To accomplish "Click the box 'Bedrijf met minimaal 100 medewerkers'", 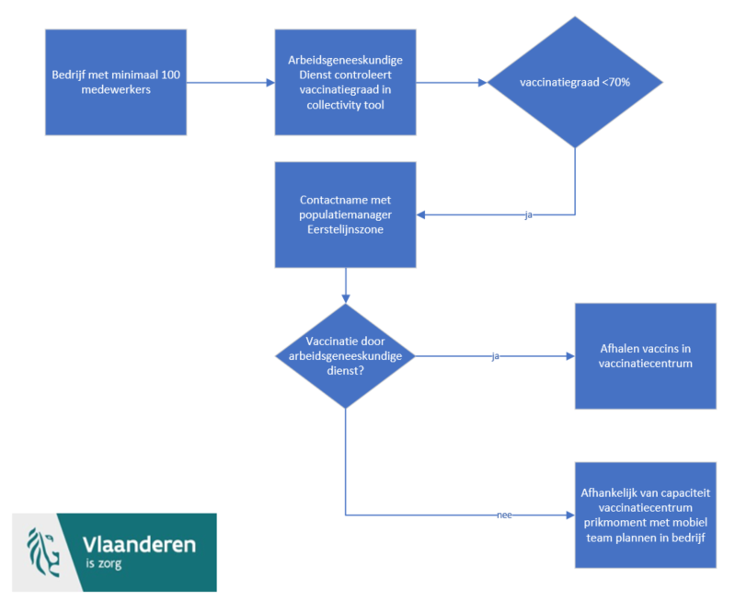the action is [116, 82].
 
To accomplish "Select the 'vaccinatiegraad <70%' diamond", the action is [575, 82].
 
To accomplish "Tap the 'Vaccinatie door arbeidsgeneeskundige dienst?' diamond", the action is [346, 356].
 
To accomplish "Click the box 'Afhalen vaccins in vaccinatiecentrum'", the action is [646, 356].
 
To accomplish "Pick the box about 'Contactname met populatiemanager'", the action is [346, 214].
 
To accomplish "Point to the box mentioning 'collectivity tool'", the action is [346, 82].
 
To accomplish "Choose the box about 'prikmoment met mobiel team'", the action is [646, 515].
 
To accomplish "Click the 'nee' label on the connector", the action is [504, 515].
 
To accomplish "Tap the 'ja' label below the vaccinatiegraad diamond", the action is [529, 214].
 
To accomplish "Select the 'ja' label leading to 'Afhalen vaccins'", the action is [496, 356].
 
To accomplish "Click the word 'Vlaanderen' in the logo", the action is [139, 545].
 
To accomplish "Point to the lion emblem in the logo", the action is [43, 552].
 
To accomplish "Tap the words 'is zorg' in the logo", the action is [104, 563].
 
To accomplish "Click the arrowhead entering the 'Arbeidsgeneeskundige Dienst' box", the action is [270, 83].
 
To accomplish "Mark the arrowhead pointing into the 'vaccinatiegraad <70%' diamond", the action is [483, 83].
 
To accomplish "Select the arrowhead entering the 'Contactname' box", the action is [421, 214].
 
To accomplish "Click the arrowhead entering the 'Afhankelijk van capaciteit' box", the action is [570, 515].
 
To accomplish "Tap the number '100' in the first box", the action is [170, 75].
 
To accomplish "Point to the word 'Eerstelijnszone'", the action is [346, 229].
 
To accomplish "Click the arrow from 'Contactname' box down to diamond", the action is [346, 285].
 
